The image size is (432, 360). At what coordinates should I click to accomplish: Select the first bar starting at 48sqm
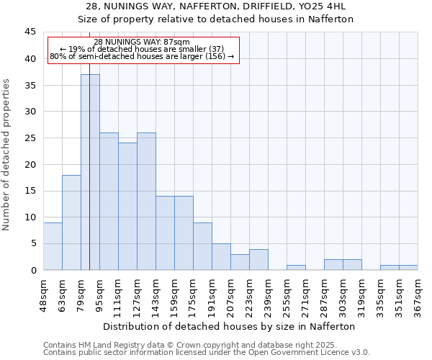(53, 246)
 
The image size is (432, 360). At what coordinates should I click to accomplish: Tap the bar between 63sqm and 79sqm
(71, 222)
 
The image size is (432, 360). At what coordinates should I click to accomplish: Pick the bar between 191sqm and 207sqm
(221, 257)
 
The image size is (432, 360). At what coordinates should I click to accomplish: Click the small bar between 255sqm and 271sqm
(296, 267)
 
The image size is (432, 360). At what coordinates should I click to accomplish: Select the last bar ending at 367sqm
(408, 267)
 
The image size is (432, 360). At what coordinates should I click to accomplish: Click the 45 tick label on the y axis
(30, 32)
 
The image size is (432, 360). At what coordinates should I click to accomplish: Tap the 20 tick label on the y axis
(30, 164)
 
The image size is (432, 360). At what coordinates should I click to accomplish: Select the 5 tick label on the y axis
(32, 243)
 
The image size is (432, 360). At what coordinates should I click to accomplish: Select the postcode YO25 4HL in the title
(324, 6)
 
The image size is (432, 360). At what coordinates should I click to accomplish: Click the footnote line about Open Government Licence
(206, 353)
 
